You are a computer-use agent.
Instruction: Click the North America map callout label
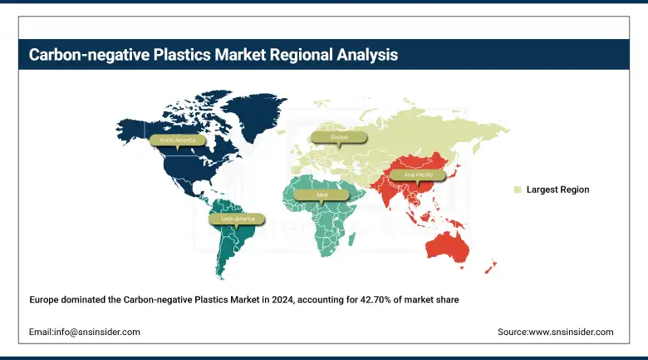177,141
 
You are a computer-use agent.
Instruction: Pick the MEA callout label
322,195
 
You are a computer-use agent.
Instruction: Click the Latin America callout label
238,219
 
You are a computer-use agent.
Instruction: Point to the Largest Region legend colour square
517,190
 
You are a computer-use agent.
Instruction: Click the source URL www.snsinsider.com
572,332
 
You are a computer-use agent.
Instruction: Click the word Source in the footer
513,332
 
